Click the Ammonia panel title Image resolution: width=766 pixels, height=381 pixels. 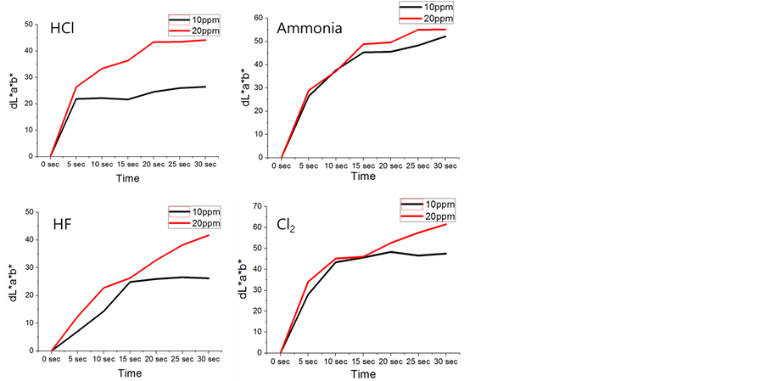[x=310, y=28]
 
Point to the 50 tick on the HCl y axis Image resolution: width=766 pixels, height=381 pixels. [x=29, y=24]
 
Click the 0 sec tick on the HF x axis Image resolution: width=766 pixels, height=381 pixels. [x=53, y=358]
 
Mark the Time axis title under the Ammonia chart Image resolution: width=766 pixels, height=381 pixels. [x=363, y=176]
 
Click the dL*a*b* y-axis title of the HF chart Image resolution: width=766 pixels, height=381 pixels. [x=12, y=283]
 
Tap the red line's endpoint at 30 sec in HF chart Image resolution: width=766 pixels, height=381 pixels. [x=209, y=235]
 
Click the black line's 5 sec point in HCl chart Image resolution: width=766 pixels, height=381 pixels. [x=76, y=99]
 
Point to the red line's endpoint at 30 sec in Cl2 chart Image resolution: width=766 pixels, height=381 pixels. [x=445, y=224]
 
